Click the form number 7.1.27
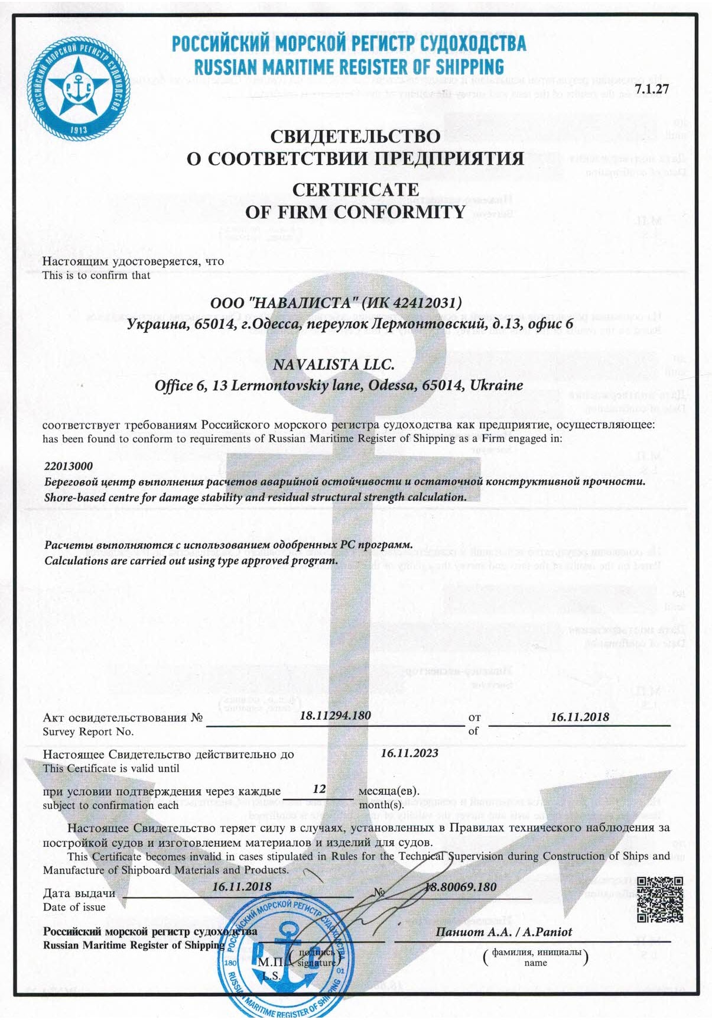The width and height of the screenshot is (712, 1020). (x=652, y=90)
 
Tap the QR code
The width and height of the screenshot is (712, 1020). (x=660, y=899)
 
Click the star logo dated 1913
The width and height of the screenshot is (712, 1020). (x=79, y=88)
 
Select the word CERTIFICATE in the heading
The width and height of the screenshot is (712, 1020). (x=356, y=190)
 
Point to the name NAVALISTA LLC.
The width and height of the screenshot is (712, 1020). (x=333, y=365)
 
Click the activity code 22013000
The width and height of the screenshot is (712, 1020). (x=69, y=466)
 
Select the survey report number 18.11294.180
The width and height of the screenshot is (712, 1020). (x=335, y=715)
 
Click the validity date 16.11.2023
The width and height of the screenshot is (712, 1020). (x=409, y=753)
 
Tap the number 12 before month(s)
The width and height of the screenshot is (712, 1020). (x=319, y=789)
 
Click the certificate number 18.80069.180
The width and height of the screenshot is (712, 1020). (x=461, y=887)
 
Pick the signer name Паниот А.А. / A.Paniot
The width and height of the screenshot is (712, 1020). (x=504, y=932)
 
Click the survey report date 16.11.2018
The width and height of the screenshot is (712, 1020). (x=579, y=717)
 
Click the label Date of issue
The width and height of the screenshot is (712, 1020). (x=74, y=907)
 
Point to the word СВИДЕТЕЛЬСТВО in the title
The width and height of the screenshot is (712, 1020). (x=355, y=137)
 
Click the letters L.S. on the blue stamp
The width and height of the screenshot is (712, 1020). (x=272, y=976)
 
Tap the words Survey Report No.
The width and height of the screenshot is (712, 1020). (x=88, y=731)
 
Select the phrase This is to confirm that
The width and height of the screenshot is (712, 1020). (x=96, y=275)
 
